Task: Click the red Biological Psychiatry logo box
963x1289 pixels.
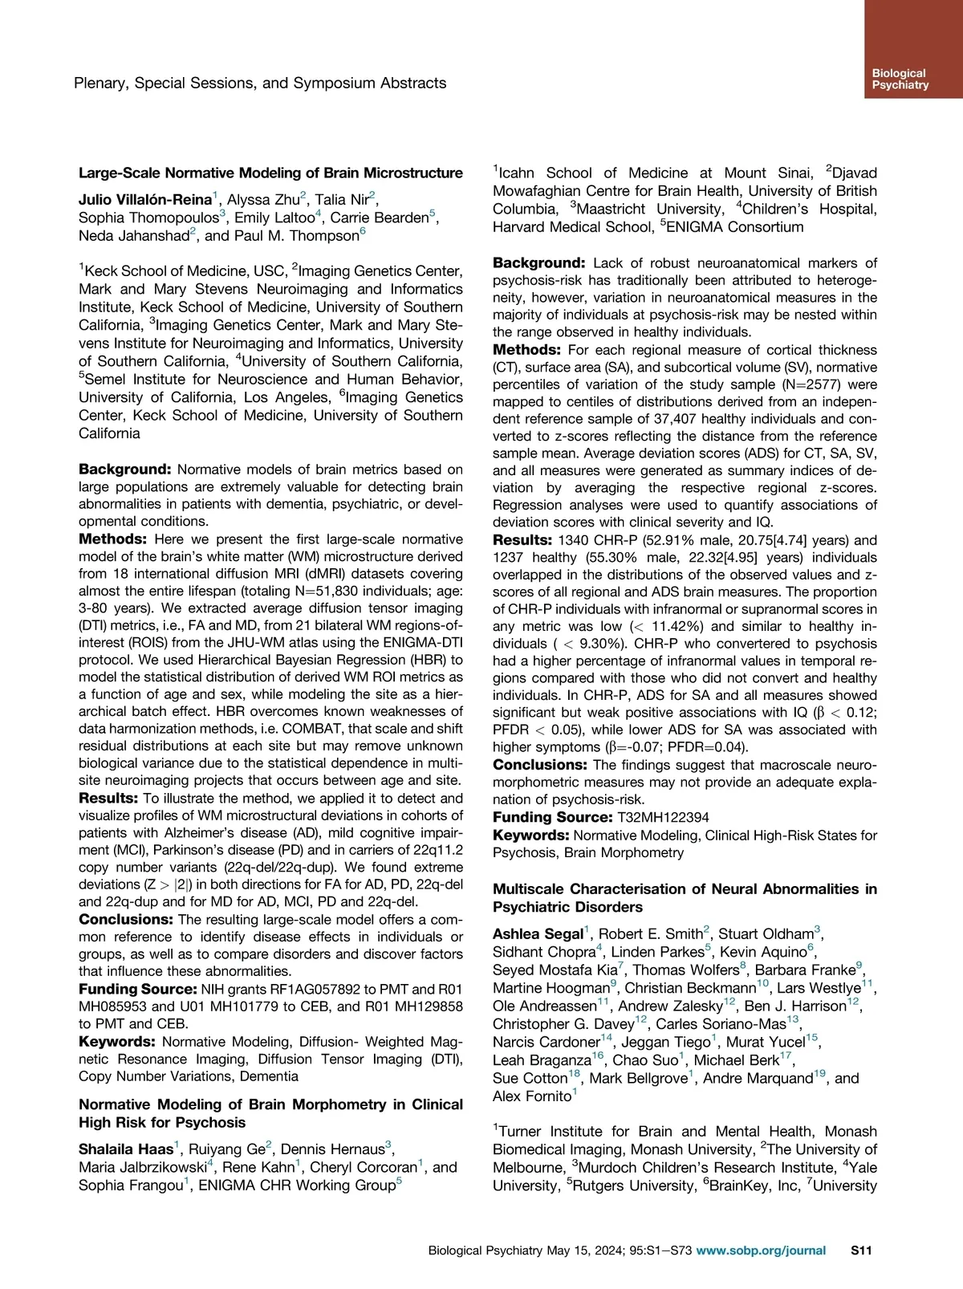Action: coord(913,49)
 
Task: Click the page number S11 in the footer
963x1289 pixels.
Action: coord(861,1250)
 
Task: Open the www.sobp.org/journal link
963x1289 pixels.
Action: coord(761,1250)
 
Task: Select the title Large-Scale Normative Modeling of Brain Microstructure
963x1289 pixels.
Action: coord(270,173)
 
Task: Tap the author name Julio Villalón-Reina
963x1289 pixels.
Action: coord(144,200)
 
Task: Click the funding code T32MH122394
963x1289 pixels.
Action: coord(663,817)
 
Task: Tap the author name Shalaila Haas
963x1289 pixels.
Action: coord(126,1149)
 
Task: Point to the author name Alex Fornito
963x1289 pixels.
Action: coord(532,1096)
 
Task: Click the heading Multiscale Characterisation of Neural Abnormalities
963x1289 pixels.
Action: coord(685,889)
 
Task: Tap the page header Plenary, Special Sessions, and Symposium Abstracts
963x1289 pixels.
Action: coord(260,83)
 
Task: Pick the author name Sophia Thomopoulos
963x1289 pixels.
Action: coord(148,218)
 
